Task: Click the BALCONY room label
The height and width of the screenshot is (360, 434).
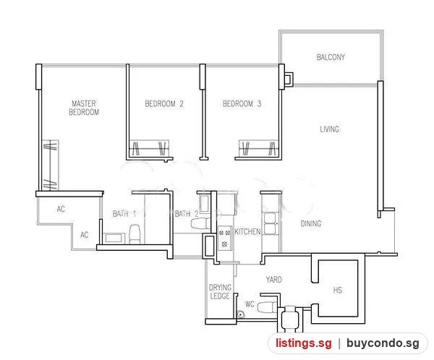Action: [x=331, y=57]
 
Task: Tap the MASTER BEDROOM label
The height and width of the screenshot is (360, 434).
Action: [x=84, y=108]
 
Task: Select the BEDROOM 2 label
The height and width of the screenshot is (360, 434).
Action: [x=164, y=104]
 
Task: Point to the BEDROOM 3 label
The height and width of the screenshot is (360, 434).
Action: [x=242, y=104]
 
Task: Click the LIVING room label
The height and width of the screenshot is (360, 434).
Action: [x=329, y=129]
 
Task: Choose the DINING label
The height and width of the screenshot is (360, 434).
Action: [x=311, y=223]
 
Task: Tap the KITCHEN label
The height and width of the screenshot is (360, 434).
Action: [x=247, y=231]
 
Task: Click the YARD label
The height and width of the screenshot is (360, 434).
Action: [x=273, y=280]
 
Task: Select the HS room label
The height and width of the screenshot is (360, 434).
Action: [x=338, y=290]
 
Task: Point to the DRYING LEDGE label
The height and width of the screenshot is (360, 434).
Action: [x=220, y=291]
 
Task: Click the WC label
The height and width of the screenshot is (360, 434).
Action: [x=250, y=304]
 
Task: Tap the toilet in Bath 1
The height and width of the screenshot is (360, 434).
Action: [x=135, y=234]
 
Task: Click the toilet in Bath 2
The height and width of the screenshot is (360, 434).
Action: [x=200, y=223]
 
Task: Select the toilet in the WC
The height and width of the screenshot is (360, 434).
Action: [x=268, y=307]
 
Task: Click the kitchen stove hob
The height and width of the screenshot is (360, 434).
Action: [x=224, y=239]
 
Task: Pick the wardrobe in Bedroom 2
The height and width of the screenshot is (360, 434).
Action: [x=150, y=148]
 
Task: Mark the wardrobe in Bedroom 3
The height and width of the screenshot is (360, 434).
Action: [x=259, y=148]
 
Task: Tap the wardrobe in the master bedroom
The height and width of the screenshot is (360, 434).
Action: [x=50, y=166]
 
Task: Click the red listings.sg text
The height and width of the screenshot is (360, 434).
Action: [x=304, y=343]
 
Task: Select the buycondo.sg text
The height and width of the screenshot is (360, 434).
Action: [x=383, y=343]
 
